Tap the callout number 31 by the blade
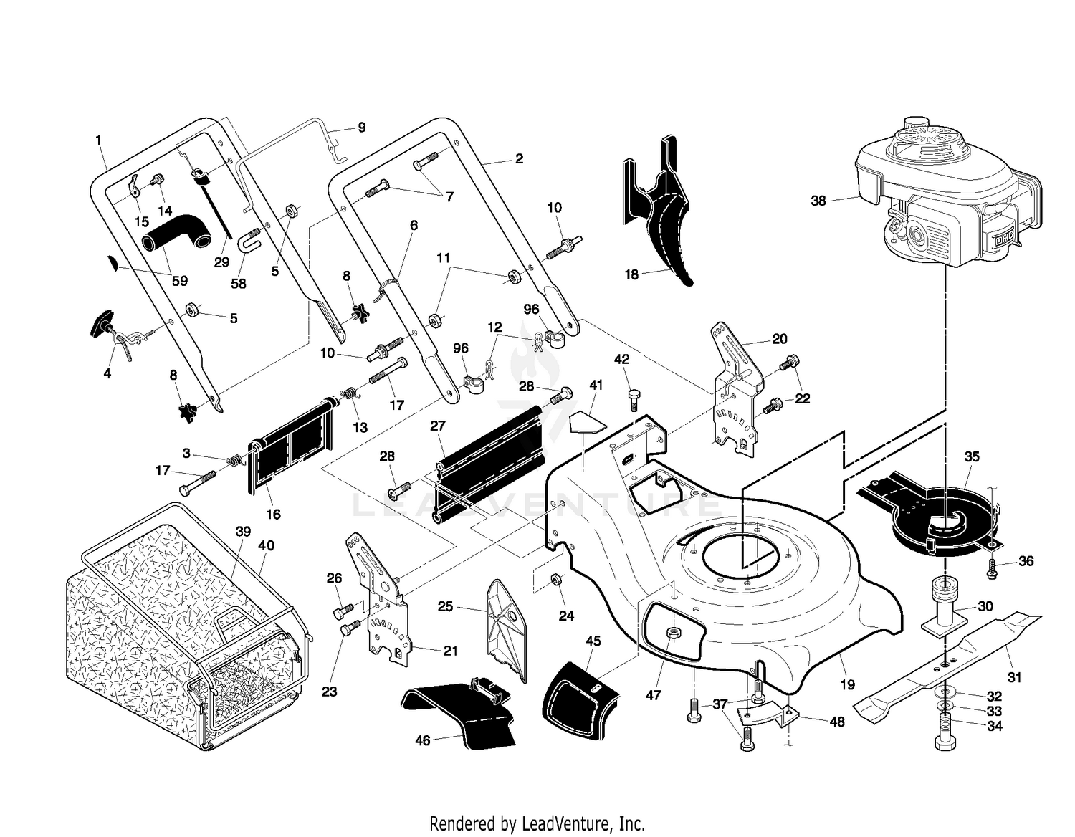tap(1014, 676)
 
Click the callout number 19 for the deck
tap(847, 684)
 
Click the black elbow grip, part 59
tap(176, 231)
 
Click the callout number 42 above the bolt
tap(621, 359)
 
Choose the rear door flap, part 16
tap(290, 445)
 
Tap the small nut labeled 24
tap(555, 578)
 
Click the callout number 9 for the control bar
tap(362, 127)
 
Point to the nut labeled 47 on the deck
tap(672, 633)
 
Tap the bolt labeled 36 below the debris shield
tap(991, 568)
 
